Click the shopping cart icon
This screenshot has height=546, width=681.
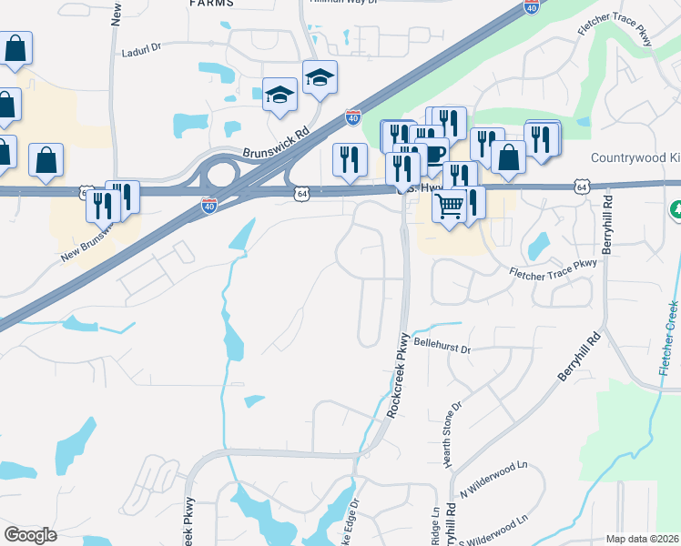(449, 207)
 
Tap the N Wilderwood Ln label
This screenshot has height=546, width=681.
(496, 480)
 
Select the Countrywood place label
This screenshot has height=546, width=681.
(635, 157)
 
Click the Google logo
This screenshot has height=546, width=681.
(30, 535)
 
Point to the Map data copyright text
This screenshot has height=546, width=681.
(643, 539)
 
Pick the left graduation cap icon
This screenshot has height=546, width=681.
(280, 94)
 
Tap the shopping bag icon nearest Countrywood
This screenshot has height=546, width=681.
(509, 157)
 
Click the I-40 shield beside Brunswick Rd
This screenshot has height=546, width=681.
(352, 118)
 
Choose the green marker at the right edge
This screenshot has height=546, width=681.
(676, 210)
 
